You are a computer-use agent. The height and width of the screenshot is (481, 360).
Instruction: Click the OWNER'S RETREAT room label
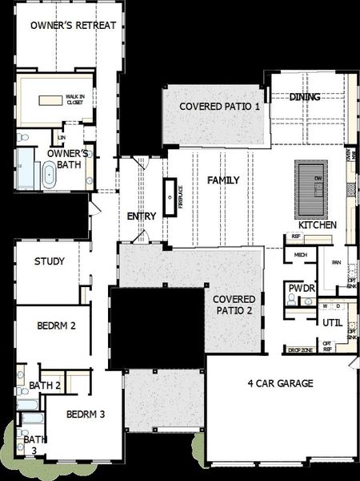(x=73, y=26)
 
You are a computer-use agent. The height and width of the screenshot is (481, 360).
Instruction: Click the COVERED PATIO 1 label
(x=219, y=107)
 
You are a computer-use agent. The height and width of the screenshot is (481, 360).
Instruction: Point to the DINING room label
(x=305, y=97)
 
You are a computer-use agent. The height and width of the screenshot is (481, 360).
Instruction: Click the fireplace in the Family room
(x=170, y=196)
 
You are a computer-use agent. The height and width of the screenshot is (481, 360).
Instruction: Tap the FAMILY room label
(x=223, y=180)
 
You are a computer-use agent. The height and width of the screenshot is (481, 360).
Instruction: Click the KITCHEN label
(x=318, y=225)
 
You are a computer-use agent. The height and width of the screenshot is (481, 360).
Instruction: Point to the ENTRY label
(x=141, y=216)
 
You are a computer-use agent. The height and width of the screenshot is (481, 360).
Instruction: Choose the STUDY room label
(x=49, y=261)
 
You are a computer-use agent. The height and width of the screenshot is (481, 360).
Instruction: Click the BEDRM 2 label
(x=56, y=325)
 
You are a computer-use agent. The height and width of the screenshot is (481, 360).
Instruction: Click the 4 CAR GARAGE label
(x=279, y=383)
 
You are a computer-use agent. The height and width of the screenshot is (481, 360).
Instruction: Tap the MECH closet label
(x=301, y=255)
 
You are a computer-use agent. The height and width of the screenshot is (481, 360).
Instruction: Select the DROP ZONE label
(x=300, y=350)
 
